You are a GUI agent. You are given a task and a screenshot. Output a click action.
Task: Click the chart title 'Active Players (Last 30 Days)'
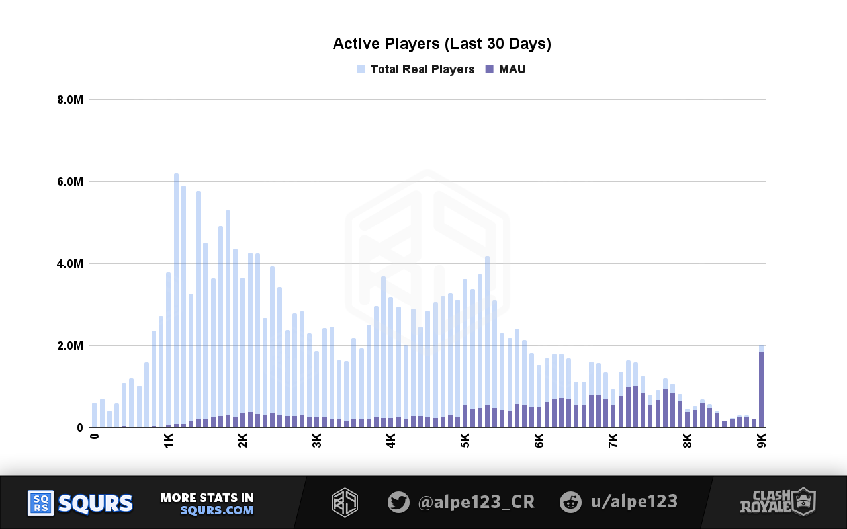(441, 44)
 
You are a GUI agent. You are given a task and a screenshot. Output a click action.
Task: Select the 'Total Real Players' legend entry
(422, 69)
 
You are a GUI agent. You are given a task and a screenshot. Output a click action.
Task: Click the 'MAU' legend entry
(512, 69)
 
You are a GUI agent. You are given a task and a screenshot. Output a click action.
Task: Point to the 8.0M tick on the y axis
(69, 100)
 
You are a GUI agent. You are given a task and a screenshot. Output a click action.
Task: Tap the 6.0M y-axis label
(69, 182)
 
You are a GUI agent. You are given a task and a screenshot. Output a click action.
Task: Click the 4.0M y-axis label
(69, 264)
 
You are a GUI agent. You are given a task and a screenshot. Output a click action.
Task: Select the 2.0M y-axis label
(69, 346)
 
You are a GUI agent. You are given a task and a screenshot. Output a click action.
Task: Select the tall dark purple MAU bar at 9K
(762, 390)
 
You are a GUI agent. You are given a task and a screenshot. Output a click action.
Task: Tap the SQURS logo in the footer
(80, 503)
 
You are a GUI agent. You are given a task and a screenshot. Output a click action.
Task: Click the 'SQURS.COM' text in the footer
(217, 510)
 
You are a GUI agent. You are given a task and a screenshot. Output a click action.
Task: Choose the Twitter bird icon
(398, 502)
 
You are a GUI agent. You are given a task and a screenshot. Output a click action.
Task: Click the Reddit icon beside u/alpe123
(570, 502)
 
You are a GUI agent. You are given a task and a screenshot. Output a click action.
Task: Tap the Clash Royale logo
(778, 502)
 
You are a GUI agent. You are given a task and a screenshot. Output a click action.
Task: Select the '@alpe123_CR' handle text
(476, 502)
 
